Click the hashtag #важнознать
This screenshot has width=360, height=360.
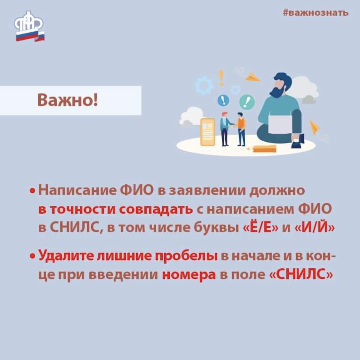point(316,13)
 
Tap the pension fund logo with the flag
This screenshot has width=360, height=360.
point(29,26)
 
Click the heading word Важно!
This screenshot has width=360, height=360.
point(67,100)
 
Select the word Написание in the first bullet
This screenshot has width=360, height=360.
point(77,191)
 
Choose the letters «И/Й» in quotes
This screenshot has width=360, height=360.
point(315,228)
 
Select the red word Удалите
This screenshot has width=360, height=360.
point(66,256)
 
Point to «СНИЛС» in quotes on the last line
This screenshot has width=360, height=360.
point(301,274)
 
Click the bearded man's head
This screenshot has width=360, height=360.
point(282,85)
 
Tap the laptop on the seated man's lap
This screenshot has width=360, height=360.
point(280,124)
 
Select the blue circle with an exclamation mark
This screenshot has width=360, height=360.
point(223,101)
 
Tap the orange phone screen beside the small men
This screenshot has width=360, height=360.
point(208,132)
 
